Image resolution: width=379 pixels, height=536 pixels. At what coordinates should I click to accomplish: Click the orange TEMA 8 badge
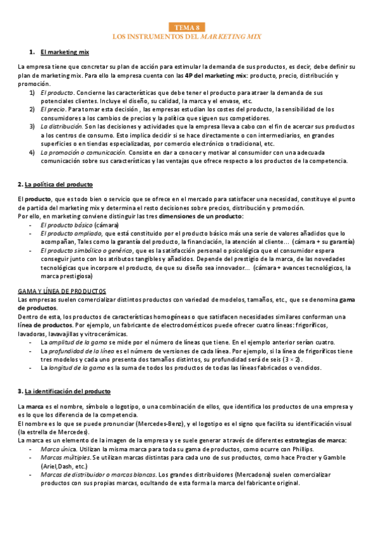tap(189, 27)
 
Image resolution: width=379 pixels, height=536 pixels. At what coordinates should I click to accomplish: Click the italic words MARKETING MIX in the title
tap(231, 37)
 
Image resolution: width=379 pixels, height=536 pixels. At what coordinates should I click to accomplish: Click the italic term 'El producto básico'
tap(66, 225)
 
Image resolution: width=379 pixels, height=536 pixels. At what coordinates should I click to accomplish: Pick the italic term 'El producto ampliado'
tap(70, 233)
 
